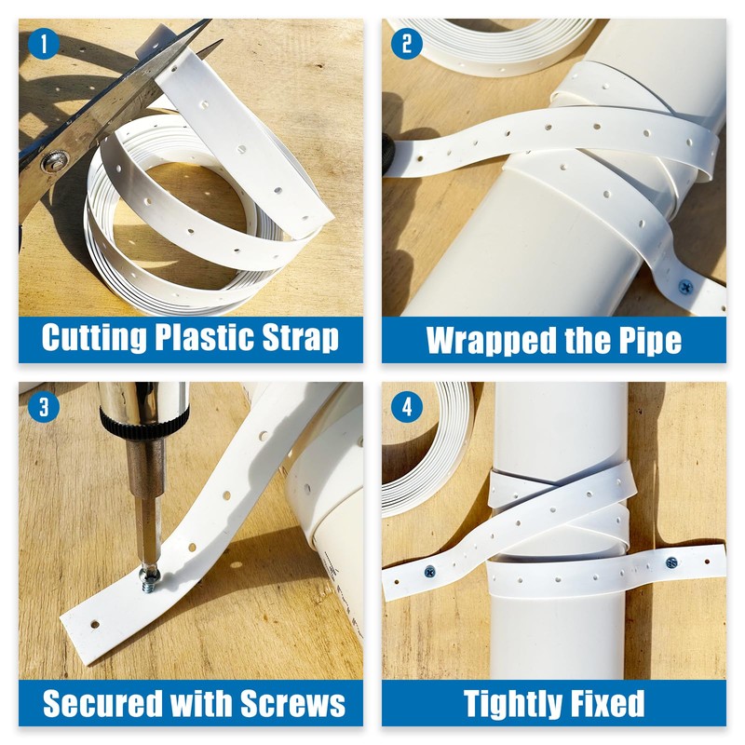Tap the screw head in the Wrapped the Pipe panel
point(686,286)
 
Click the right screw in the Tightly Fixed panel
point(671,562)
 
